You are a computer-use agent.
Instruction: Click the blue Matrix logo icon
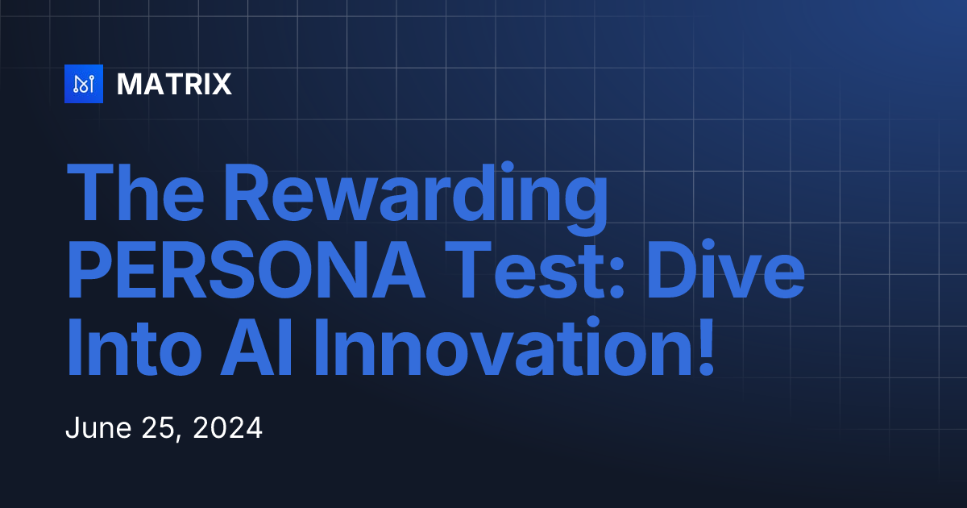tap(84, 84)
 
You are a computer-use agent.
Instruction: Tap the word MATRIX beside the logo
tap(174, 84)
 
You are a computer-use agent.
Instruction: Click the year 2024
tap(230, 428)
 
